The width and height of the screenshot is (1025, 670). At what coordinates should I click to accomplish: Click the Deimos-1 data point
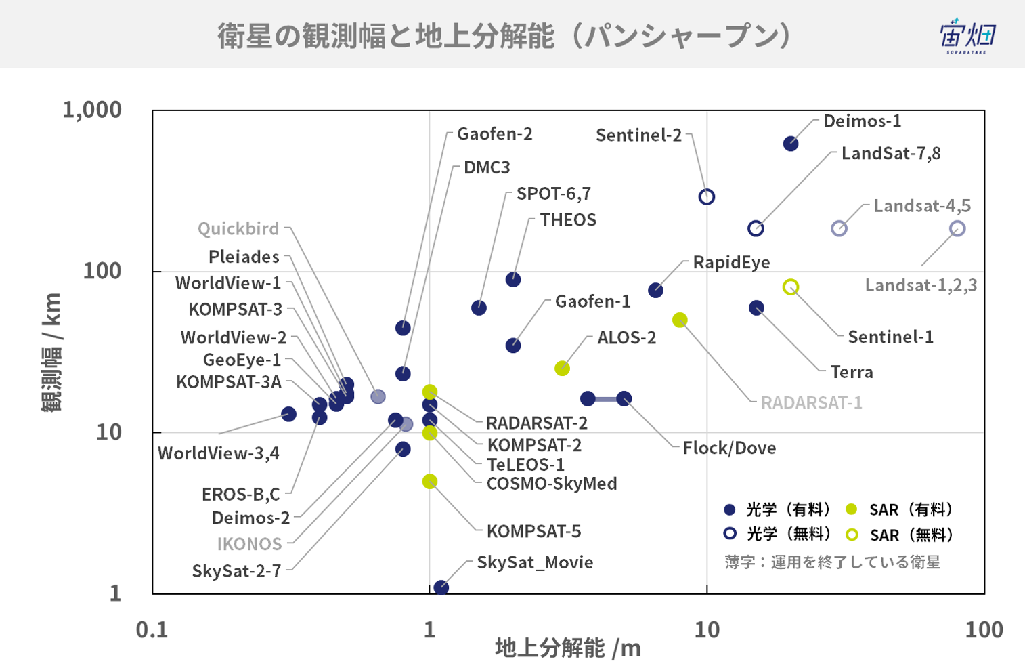(x=790, y=144)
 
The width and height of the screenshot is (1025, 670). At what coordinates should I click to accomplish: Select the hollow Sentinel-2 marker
(x=707, y=197)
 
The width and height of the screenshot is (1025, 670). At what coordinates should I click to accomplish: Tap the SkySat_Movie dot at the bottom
(x=441, y=587)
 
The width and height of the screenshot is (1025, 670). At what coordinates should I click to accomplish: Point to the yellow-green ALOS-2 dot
(x=562, y=369)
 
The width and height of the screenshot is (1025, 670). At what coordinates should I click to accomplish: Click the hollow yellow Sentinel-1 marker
(x=790, y=287)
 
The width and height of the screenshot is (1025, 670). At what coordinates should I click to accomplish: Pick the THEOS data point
(x=513, y=279)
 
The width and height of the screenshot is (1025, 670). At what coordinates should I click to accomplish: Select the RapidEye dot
(x=655, y=290)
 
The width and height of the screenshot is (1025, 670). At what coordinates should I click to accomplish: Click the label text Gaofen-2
(x=495, y=134)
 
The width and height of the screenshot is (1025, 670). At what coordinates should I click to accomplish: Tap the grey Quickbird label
(x=238, y=228)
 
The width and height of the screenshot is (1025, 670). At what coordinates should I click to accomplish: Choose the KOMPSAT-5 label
(x=533, y=531)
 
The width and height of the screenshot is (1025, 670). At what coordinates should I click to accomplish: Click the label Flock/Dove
(x=729, y=448)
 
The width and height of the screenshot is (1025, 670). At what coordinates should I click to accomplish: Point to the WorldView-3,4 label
(x=218, y=453)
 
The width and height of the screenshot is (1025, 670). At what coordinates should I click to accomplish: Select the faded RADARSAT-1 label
(x=811, y=403)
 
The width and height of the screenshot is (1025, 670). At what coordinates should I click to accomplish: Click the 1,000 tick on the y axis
(x=92, y=110)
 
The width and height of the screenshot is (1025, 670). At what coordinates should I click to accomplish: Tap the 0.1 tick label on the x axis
(x=152, y=630)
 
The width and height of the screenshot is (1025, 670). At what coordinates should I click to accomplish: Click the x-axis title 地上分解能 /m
(x=568, y=648)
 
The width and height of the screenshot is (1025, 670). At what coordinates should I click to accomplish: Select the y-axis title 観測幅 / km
(x=51, y=352)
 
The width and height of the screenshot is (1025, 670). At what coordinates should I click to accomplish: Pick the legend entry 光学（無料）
(x=777, y=534)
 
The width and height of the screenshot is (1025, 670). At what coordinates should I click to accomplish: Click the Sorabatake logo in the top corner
(x=967, y=36)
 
